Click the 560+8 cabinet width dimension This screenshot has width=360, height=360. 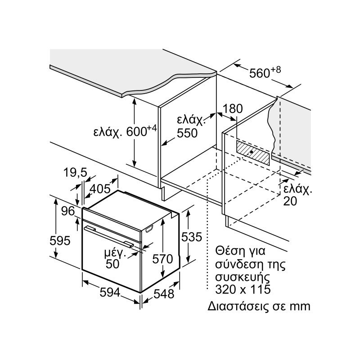265,72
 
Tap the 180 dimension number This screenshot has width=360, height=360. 232,108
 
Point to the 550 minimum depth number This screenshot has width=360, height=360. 187,133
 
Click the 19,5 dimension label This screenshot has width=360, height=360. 75,172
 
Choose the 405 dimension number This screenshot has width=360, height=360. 100,189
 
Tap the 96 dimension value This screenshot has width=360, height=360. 68,211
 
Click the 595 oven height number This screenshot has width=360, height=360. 60,241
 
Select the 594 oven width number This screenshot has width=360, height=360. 110,292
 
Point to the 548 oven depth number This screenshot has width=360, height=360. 164,294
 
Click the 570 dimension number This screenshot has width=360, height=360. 162,259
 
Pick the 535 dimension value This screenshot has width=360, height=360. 192,237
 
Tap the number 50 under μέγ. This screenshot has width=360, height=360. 112,264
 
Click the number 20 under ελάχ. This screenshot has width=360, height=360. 290,201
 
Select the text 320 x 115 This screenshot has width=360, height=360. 243,289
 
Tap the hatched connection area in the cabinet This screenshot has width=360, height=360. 253,152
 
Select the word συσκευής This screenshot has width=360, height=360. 242,277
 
